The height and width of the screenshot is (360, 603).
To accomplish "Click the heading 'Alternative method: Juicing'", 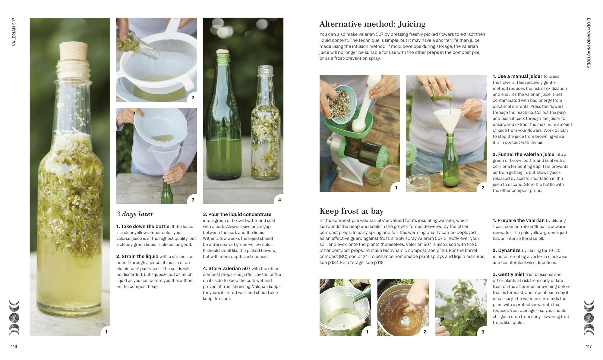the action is pos(372,24).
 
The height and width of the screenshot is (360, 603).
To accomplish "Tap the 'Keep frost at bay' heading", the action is pos(352,211).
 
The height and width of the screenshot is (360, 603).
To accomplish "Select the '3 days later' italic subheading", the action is pos(135,214).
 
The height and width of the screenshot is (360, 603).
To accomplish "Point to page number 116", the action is pos(14,346).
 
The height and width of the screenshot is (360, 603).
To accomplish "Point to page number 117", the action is pos(589,346).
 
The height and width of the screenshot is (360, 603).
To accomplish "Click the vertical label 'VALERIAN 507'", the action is pos(14,32).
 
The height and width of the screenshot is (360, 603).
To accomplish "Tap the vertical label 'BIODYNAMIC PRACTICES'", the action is pos(589,43).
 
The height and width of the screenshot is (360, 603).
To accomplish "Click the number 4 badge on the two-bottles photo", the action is pos(279,200).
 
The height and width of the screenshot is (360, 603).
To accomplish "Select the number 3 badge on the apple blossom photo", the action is pos(483,332).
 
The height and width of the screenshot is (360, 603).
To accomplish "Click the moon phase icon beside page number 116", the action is pos(14,318).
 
